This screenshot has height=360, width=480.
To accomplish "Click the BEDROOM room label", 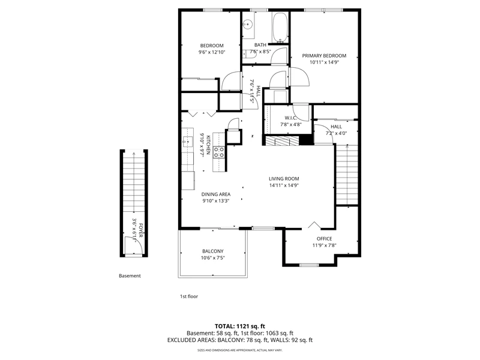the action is coord(212,46).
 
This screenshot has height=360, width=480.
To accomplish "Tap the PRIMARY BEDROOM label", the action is coord(324,56).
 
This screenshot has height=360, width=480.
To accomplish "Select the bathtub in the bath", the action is coord(280,28).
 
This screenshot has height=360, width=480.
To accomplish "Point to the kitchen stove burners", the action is coord(219,152).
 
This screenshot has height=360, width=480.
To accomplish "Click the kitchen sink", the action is coord(187,142).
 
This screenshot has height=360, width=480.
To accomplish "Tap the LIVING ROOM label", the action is coord(284,179).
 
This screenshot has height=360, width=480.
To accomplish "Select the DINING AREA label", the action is coord(216,194).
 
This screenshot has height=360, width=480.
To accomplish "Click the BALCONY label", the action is coord(213,251).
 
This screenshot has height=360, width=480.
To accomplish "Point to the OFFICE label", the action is coord(324,239).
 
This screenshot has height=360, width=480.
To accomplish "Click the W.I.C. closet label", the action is coord(290,118).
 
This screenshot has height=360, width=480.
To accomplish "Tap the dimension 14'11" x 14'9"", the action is coord(284,185).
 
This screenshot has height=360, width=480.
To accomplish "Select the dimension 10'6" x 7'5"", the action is coord(213,258).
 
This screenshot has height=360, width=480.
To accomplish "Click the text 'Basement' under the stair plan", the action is coord(130,276).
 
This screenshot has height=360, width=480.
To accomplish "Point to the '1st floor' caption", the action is coord(189,296).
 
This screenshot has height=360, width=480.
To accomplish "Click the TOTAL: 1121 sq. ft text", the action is coord(239,326).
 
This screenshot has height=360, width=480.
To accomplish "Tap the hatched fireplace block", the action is coord(282,141).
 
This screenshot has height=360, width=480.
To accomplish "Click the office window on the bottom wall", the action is coord(308,265).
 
